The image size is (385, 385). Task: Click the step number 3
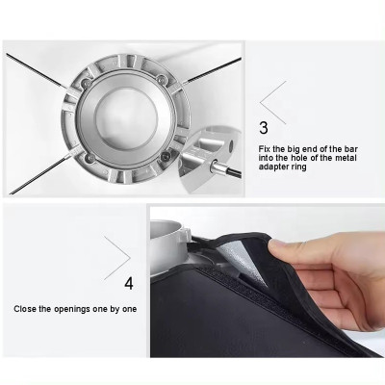(x=264, y=129)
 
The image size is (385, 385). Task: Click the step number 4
(x=129, y=283)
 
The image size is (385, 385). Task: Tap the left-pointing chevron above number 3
(x=272, y=102)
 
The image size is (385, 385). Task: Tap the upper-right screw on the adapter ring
(x=163, y=78)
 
